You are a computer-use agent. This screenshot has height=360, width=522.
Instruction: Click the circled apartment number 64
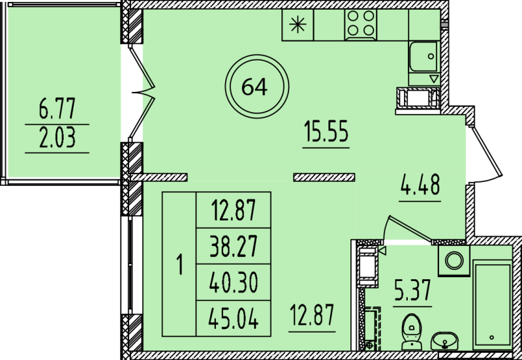pos(254,86)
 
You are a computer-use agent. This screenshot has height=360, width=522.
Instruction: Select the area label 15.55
pos(326,133)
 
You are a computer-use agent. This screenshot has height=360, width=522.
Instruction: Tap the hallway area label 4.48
pos(420,187)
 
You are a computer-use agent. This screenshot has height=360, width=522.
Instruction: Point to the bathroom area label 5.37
pos(412,291)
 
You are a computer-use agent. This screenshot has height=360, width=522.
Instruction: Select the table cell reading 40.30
pos(234,282)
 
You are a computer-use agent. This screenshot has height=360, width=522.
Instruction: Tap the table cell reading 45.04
pos(234,319)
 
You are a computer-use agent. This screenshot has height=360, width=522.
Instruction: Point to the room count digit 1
pos(179,265)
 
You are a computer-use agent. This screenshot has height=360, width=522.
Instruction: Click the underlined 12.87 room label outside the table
pos(312,316)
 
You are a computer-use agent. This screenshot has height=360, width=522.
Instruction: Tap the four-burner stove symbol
pos(360,25)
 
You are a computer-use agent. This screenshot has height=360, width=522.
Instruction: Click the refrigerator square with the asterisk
pos(298,25)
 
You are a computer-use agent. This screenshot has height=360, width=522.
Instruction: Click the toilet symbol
pos(410,331)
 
